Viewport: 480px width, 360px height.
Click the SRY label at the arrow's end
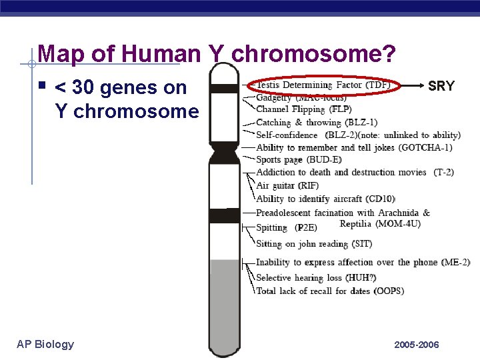[x=441, y=86]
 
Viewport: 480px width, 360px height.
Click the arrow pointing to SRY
[x=412, y=86]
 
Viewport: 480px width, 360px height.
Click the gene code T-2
[x=443, y=172]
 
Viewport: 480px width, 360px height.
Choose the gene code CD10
[x=381, y=199]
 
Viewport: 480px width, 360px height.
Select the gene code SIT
[x=363, y=244]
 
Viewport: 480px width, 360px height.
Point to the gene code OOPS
[x=389, y=291]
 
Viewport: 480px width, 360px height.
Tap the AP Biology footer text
[x=45, y=344]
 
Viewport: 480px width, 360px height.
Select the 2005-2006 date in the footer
[x=417, y=345]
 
